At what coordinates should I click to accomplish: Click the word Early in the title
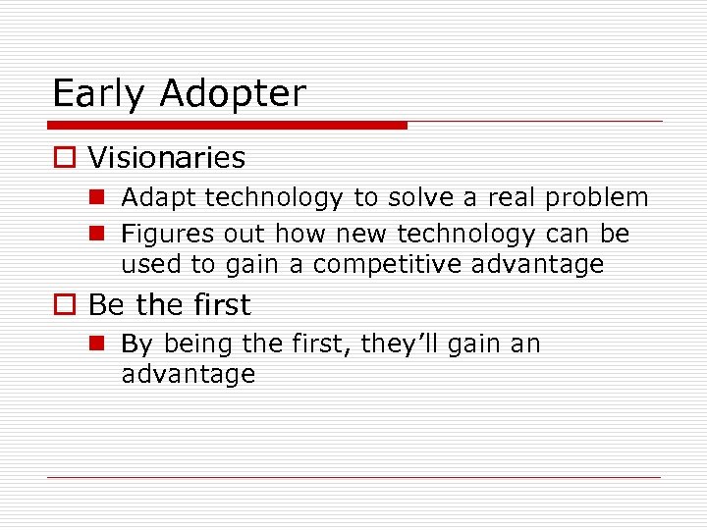tap(99, 94)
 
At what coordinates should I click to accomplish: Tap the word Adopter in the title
tap(233, 94)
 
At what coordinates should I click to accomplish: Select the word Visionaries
tap(167, 158)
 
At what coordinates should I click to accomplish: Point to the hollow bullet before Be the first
tap(63, 306)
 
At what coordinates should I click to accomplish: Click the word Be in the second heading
tap(108, 305)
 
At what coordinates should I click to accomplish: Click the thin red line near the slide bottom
tap(354, 478)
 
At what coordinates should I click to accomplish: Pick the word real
tap(509, 197)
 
